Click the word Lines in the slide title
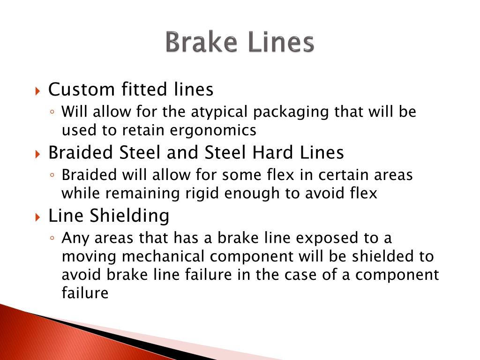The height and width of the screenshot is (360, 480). coord(280,43)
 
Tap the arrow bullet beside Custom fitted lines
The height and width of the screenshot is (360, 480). coord(38,90)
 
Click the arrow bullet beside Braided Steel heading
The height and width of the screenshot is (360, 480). coord(38,153)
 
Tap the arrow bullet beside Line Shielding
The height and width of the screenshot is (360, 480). coord(38,217)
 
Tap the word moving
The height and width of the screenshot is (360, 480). coord(86,257)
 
